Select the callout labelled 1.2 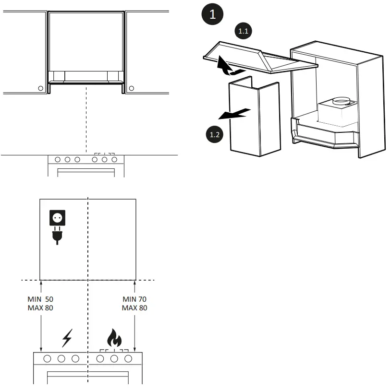coord(215,135)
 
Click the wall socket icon coord(58,218)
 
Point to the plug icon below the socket coord(58,236)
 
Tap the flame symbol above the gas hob coord(114,339)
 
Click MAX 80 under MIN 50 coord(40,308)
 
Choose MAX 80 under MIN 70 coord(135,308)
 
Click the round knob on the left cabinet coord(41,88)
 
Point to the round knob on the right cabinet coord(131,88)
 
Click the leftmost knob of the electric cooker coord(48,359)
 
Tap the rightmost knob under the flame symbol coord(128,359)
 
